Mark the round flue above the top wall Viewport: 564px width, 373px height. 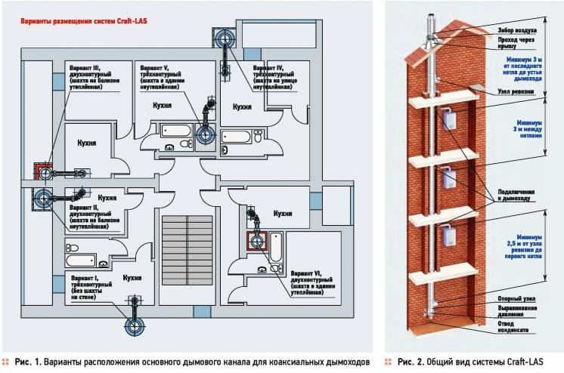tap(225, 38)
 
